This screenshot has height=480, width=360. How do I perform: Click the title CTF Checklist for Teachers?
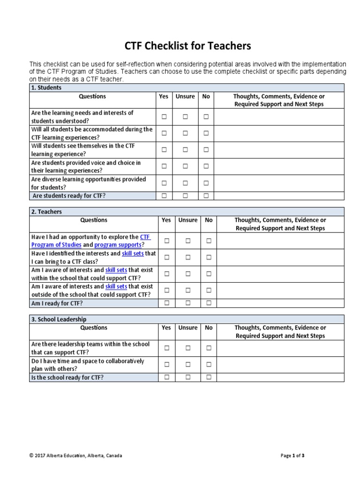click(187, 46)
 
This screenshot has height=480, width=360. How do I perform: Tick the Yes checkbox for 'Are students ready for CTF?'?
click(164, 196)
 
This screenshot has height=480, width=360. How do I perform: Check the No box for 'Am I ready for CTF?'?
click(209, 303)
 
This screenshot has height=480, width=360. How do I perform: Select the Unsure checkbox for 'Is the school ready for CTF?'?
click(187, 377)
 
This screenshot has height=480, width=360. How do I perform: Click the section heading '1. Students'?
click(46, 88)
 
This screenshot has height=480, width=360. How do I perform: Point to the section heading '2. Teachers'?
click(46, 212)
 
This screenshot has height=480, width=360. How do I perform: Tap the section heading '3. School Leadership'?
click(59, 319)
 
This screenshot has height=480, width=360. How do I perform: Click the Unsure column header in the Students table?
click(185, 97)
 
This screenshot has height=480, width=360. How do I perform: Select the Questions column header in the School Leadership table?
click(94, 328)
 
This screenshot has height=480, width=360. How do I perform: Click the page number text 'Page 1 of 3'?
click(292, 455)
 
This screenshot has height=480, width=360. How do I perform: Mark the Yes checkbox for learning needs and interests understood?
click(164, 117)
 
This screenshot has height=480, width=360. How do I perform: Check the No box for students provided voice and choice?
click(206, 166)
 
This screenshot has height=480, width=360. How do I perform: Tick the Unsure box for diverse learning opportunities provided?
click(185, 183)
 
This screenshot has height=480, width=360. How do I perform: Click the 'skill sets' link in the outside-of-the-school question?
click(116, 286)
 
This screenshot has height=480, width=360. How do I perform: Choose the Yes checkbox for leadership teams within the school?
click(166, 348)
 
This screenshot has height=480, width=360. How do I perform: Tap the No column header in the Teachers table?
click(209, 220)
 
